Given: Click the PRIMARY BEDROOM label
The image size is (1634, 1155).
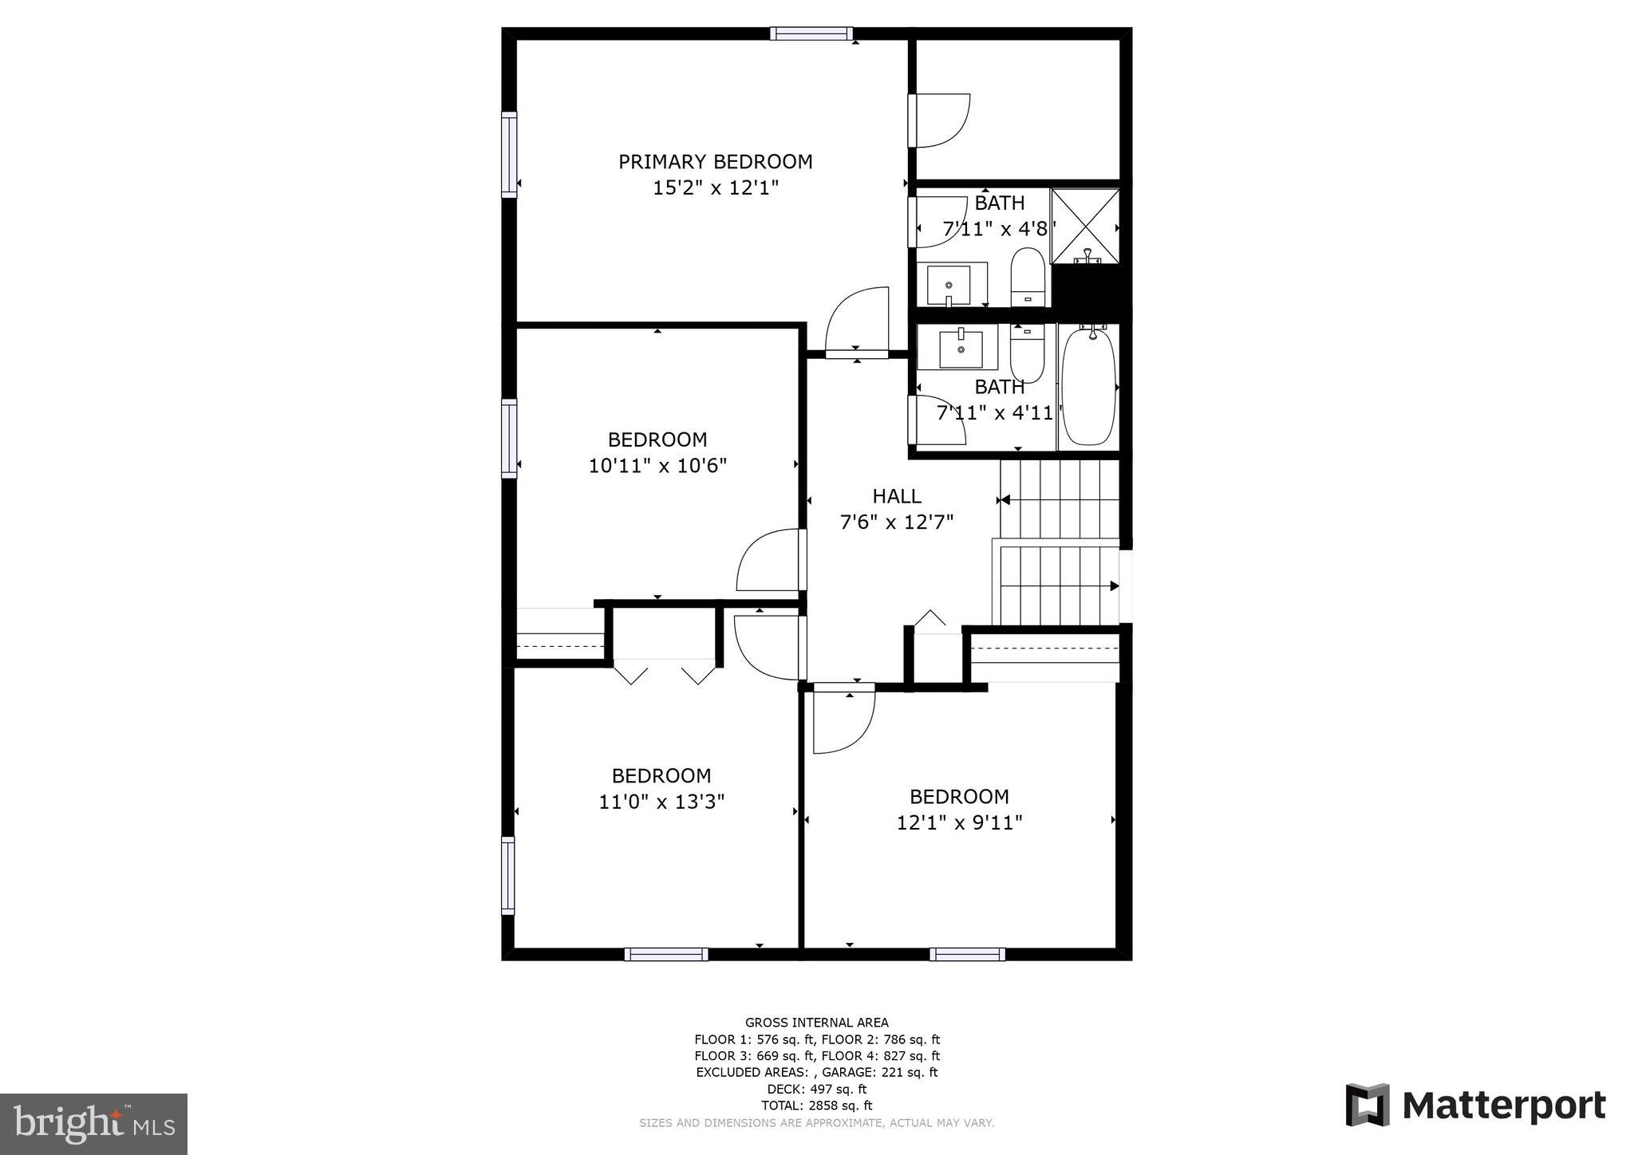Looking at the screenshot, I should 715,162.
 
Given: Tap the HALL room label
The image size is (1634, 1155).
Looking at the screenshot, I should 897,496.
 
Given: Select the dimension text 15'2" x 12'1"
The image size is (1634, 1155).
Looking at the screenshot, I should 715,188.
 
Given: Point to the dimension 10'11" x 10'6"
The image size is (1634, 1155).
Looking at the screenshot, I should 657,466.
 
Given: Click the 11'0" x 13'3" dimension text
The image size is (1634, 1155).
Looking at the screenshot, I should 661,802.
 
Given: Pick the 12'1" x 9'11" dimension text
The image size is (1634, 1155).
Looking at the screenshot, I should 959,822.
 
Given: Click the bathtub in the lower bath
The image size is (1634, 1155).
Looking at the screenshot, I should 1087,387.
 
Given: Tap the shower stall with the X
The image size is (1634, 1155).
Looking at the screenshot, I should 1085,226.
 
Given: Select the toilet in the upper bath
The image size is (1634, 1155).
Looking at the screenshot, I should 1027,276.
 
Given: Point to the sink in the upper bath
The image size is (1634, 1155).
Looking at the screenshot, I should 949,285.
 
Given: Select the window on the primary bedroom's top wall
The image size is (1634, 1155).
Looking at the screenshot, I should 811,34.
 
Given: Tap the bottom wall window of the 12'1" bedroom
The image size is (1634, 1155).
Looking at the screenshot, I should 967,954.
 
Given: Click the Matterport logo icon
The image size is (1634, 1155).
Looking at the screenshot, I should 1368,1105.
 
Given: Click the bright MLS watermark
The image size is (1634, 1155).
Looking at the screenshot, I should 93,1124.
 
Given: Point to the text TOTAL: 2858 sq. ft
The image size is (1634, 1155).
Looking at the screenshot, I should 817,1106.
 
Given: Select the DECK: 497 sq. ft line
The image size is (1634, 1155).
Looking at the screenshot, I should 817,1089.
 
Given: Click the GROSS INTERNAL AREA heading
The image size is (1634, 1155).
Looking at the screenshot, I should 816,1023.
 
